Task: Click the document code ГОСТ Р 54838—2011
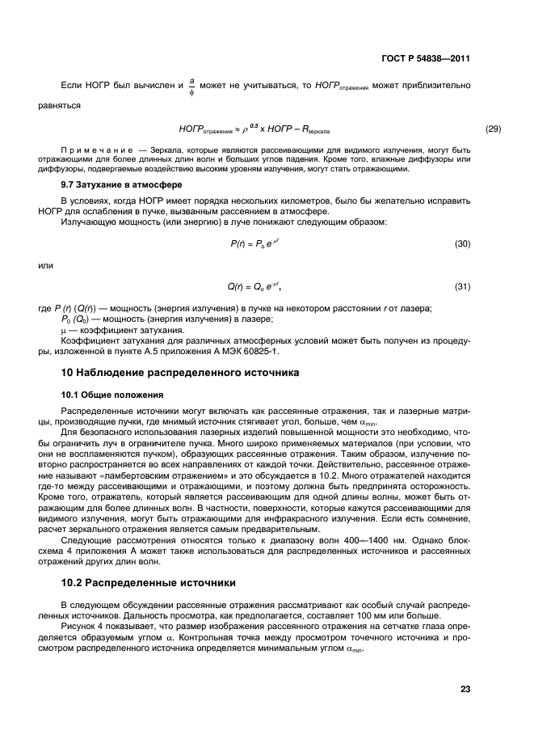click(426, 59)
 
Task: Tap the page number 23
click(465, 689)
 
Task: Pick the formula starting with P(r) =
click(248, 243)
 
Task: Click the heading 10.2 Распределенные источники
click(149, 582)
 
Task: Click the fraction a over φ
click(191, 86)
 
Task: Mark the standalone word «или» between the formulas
click(46, 264)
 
